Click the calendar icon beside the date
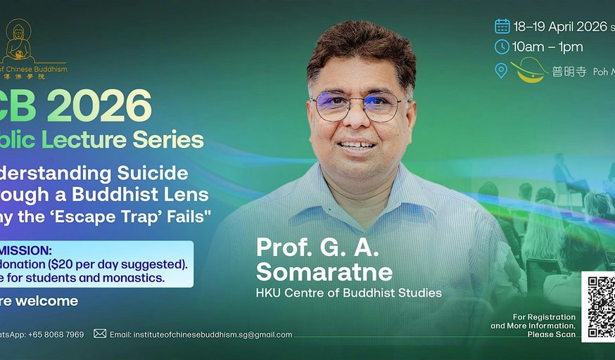pyautogui.click(x=502, y=26)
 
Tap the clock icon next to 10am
pyautogui.click(x=502, y=47)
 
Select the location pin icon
pyautogui.click(x=501, y=70)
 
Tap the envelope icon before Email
pyautogui.click(x=100, y=334)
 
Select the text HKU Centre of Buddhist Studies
pyautogui.click(x=348, y=292)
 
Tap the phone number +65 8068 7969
pyautogui.click(x=56, y=335)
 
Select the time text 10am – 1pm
pyautogui.click(x=548, y=47)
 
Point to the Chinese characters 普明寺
pyautogui.click(x=569, y=72)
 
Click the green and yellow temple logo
pyautogui.click(x=530, y=70)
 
